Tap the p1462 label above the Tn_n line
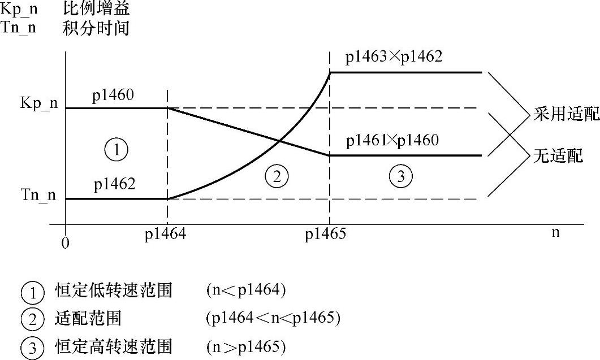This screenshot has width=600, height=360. [x=115, y=184]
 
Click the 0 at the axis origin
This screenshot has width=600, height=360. [x=66, y=242]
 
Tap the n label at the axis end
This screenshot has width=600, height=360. [x=556, y=232]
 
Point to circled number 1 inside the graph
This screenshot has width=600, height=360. [x=116, y=150]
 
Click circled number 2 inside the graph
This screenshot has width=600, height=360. [x=277, y=177]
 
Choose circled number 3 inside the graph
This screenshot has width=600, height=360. [x=401, y=177]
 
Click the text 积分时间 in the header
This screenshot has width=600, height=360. [x=96, y=28]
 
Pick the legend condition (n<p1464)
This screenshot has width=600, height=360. [x=247, y=291]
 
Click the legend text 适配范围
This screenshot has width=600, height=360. [x=88, y=319]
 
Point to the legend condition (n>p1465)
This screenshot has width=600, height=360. [x=247, y=346]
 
